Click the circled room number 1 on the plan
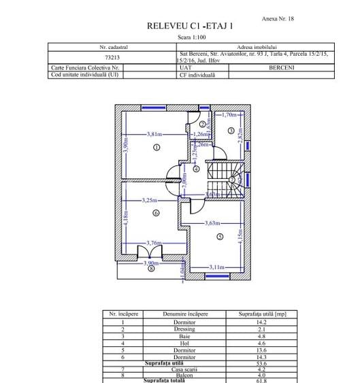[156, 147]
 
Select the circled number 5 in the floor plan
[220, 236]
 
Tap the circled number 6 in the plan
[156, 213]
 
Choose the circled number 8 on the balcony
[151, 268]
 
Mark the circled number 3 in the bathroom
[231, 131]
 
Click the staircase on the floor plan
[225, 178]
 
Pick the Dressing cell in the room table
[184, 329]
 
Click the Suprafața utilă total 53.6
[262, 364]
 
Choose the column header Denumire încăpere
[184, 314]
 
